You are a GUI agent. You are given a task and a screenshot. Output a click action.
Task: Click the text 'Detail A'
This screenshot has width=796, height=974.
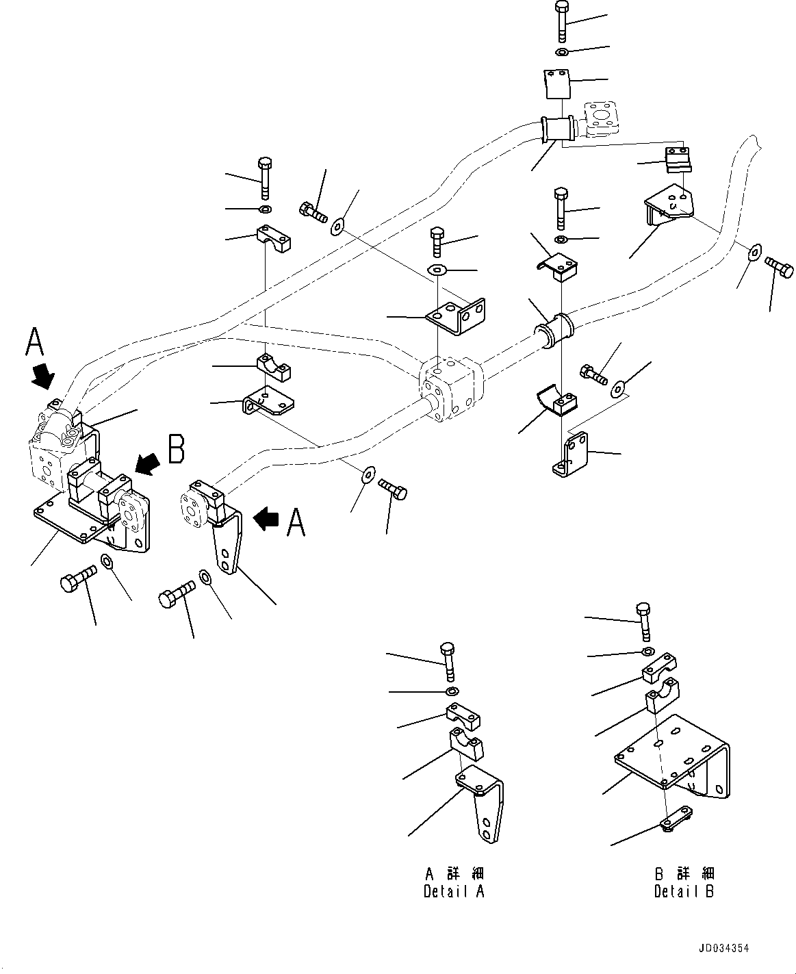(x=454, y=892)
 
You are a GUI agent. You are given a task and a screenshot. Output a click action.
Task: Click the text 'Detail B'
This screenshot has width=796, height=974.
(x=684, y=892)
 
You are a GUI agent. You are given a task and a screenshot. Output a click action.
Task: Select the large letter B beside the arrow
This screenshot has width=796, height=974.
(x=176, y=451)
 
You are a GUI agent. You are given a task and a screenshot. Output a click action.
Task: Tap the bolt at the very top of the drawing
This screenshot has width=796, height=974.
(x=561, y=21)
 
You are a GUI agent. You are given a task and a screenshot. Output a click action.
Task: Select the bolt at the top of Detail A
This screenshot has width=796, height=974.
(x=448, y=660)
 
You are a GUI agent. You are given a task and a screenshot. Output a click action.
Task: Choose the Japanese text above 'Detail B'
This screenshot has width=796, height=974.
(x=684, y=873)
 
